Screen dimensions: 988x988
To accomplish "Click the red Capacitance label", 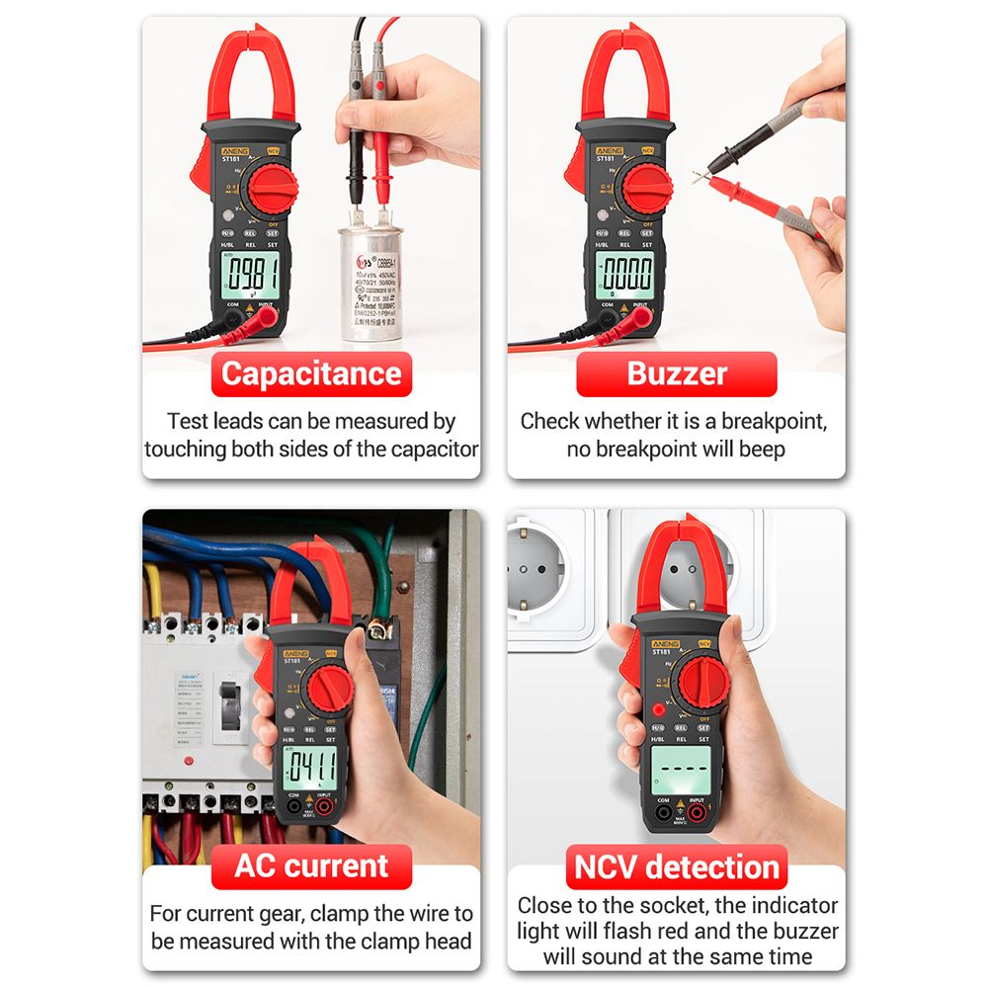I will (311, 374).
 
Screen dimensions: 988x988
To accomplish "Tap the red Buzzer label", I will (677, 374).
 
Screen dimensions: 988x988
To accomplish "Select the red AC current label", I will (311, 866).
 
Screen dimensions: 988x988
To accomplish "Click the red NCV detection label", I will (677, 867).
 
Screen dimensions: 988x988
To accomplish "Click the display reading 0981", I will (249, 273).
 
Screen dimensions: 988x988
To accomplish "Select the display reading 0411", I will (310, 765).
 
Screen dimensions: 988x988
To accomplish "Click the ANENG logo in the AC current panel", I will (296, 654).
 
